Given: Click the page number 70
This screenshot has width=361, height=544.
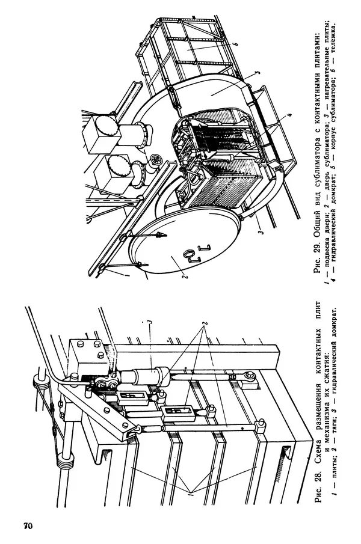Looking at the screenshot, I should pos(28,525).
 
